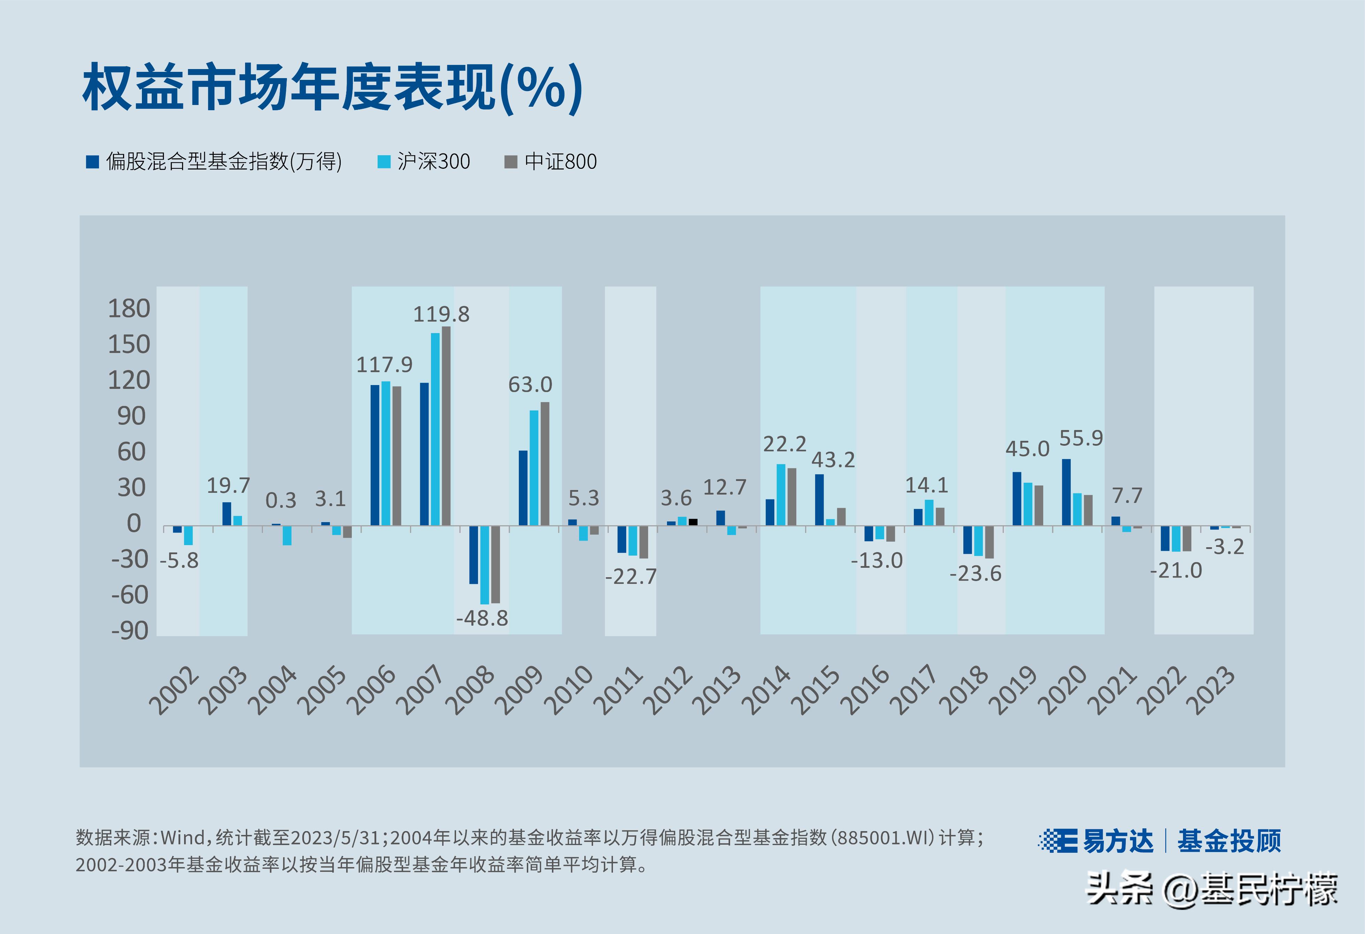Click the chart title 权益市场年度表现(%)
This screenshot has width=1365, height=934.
pyautogui.click(x=332, y=88)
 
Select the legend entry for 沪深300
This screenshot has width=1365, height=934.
pyautogui.click(x=424, y=161)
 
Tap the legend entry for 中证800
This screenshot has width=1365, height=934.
pyautogui.click(x=551, y=161)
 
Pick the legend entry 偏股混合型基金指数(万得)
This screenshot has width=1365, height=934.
pyautogui.click(x=214, y=161)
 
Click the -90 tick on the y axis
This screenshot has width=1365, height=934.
pyautogui.click(x=130, y=631)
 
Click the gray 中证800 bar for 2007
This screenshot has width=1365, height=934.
pyautogui.click(x=446, y=426)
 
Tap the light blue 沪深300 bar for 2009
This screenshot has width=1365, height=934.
pyautogui.click(x=534, y=468)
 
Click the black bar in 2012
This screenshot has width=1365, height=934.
pyautogui.click(x=693, y=522)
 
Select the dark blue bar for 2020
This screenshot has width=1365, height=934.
pyautogui.click(x=1066, y=492)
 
